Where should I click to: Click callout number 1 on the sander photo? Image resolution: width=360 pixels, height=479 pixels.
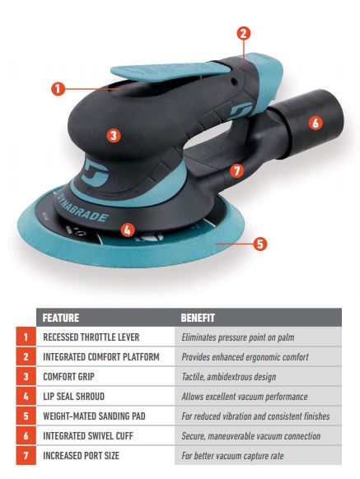(58, 89)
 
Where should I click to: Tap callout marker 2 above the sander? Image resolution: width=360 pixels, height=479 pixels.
(244, 33)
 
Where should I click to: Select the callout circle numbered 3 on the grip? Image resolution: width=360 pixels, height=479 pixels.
(114, 135)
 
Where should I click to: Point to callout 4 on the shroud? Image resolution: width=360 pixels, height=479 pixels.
(128, 230)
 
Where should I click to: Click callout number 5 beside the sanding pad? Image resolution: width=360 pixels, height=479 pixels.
(260, 244)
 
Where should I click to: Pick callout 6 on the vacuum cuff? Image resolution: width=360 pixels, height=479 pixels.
(316, 123)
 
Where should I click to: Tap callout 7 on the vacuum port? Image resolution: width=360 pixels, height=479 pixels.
(236, 170)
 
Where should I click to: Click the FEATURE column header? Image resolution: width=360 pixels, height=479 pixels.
(61, 318)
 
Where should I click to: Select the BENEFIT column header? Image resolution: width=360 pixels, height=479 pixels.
(198, 318)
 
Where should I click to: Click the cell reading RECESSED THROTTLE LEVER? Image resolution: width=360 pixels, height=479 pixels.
(91, 337)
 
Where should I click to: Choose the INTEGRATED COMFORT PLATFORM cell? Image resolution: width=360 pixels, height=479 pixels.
(101, 357)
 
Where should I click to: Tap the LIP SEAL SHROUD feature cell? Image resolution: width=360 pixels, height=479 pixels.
(73, 397)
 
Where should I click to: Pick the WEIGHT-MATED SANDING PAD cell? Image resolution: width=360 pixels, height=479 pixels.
(94, 416)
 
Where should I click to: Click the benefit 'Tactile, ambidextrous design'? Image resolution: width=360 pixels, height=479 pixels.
(229, 377)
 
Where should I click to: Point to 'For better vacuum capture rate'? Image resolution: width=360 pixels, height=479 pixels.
(232, 456)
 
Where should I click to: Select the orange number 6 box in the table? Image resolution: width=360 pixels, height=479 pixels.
(26, 435)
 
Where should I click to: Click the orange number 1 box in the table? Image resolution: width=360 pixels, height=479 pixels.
(26, 337)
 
